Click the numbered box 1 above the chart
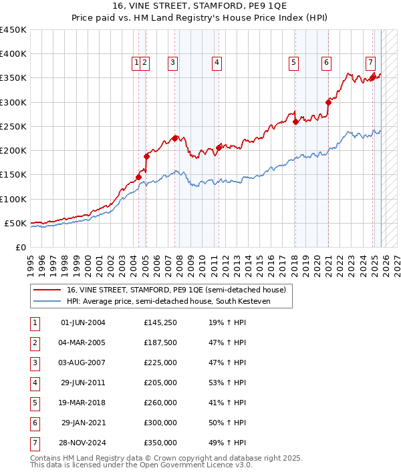[136, 63]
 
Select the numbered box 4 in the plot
[217, 63]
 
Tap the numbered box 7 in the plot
[370, 63]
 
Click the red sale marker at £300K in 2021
[328, 102]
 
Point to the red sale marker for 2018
[295, 122]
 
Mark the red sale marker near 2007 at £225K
[174, 138]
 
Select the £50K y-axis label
[15, 223]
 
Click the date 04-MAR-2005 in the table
[83, 343]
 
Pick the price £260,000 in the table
[160, 403]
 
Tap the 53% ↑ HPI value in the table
[227, 383]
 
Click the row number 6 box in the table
[33, 423]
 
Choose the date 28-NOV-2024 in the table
[83, 443]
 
